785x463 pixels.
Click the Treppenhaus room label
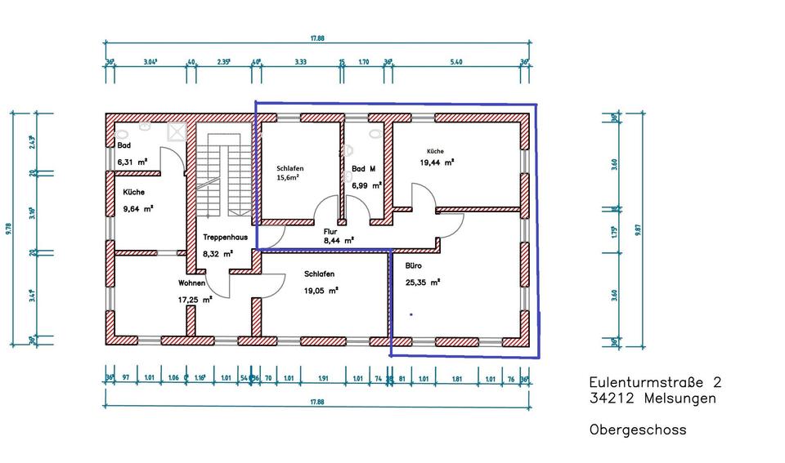(224, 238)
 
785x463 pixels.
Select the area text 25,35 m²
(423, 283)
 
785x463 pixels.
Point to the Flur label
(330, 231)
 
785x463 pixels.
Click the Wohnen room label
(191, 283)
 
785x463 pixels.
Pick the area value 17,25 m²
(195, 300)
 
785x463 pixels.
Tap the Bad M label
(363, 169)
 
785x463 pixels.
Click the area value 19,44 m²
(437, 162)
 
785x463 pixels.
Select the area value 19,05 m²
(321, 289)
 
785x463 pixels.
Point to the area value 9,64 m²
(137, 208)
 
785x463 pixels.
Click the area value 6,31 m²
(132, 162)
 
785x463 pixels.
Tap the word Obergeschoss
(637, 429)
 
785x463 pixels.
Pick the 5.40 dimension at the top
(457, 61)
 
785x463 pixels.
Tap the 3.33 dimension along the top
(300, 61)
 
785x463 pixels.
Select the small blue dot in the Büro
(411, 314)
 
